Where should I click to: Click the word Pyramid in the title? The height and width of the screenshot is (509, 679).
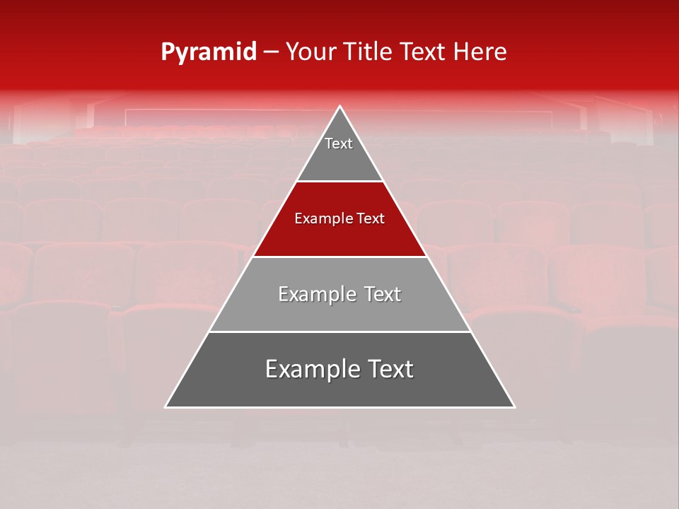tap(208, 52)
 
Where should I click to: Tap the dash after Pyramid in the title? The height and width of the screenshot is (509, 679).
tap(271, 52)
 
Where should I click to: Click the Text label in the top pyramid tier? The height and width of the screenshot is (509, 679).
tap(339, 144)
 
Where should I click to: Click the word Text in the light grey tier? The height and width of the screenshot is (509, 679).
tap(383, 294)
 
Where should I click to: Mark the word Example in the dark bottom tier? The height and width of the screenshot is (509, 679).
tap(310, 370)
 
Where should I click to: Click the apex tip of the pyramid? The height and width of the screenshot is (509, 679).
tap(340, 107)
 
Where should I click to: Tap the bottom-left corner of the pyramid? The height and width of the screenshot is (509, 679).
tap(166, 407)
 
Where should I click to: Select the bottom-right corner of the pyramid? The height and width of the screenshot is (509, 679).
tap(514, 407)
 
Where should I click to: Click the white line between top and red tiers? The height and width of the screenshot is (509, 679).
tap(340, 182)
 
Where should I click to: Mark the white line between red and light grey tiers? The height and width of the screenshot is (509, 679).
tap(340, 257)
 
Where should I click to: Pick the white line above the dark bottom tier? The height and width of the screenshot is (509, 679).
tap(340, 332)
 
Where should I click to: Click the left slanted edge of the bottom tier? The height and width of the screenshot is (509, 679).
tap(187, 370)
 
